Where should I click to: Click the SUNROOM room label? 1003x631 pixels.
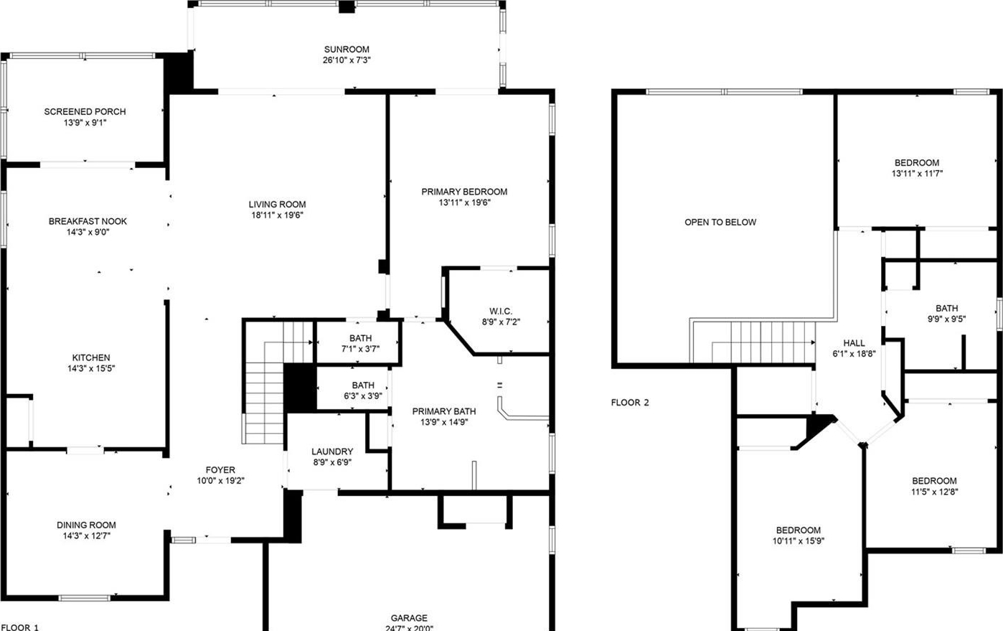347,50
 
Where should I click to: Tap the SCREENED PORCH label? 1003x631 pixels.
85,111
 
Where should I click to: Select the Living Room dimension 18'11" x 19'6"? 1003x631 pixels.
277,215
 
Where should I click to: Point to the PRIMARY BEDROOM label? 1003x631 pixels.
464,192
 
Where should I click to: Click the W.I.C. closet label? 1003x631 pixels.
501,311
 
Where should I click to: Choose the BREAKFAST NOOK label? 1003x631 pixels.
88,221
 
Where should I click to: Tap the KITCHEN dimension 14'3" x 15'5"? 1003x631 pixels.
91,368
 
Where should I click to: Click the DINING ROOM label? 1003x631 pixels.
86,525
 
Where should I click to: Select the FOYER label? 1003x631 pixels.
220,469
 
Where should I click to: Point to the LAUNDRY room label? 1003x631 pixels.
332,452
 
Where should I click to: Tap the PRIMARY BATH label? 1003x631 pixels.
443,411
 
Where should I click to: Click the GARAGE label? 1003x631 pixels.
409,618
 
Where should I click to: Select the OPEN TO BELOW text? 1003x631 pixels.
720,223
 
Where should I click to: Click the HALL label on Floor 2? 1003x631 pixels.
854,343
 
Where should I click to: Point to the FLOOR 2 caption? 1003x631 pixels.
629,403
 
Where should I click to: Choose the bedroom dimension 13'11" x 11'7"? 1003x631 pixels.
917,174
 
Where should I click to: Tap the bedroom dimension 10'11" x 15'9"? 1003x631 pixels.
799,541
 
